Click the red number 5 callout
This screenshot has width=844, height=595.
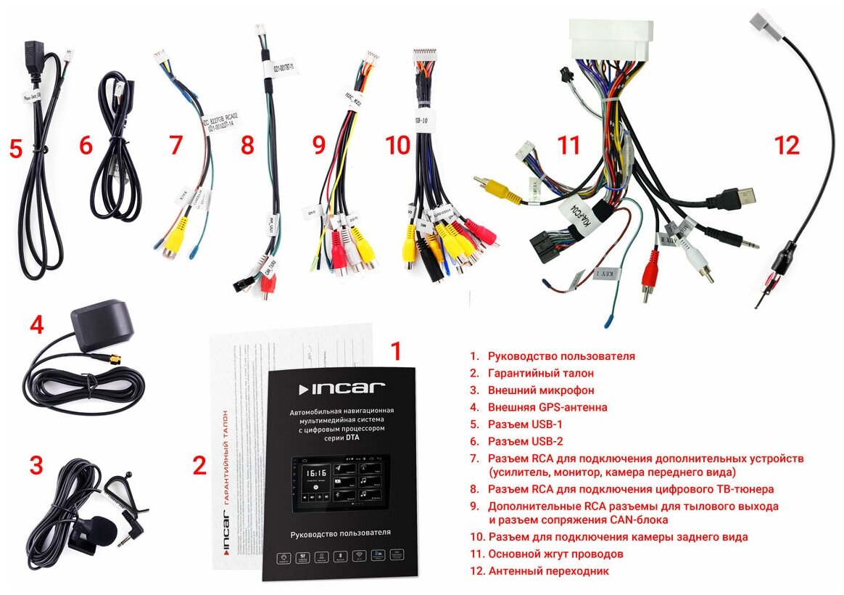coord(16,149)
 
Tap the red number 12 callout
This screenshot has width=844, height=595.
coord(787,145)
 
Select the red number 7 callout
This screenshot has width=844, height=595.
coord(175,145)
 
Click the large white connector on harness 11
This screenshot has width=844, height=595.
coord(612,42)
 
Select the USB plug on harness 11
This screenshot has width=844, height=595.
coord(740,196)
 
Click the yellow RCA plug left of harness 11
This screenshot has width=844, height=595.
coord(496,186)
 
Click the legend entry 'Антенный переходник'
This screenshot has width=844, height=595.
coord(548,571)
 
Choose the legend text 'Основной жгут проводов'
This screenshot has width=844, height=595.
coord(555,554)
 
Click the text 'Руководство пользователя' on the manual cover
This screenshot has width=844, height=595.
coord(340,533)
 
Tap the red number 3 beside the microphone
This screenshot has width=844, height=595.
coord(36,466)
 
